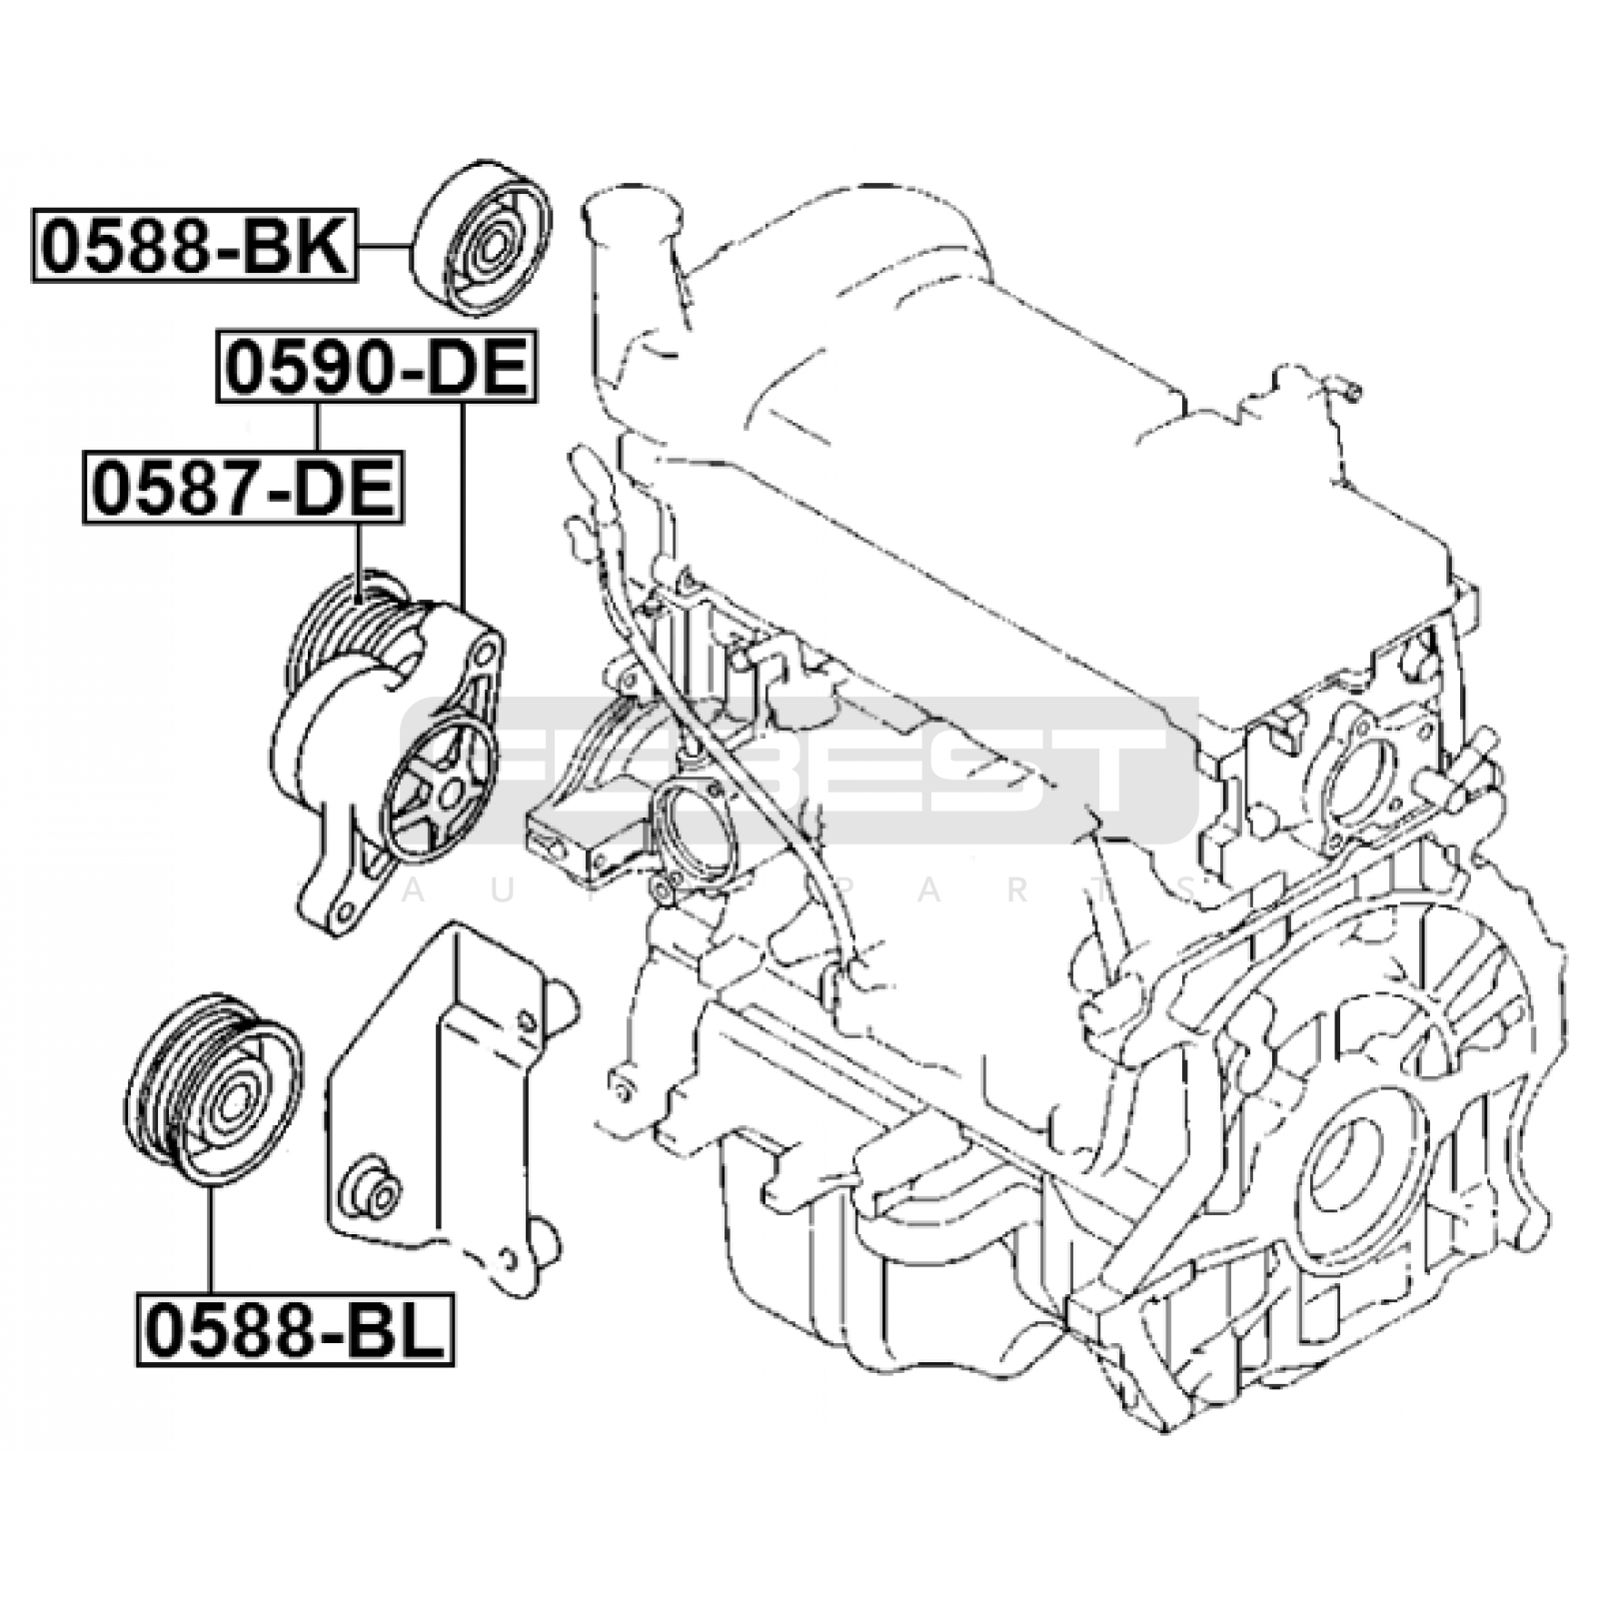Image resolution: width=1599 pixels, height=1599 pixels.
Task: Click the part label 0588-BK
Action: tap(195, 246)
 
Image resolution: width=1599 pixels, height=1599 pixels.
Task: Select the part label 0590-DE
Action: tap(377, 367)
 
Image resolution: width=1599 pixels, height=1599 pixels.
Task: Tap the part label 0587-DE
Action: tap(243, 489)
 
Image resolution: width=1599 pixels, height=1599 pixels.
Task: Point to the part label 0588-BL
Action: tap(296, 1329)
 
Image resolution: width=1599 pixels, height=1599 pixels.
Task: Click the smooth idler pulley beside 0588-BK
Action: tap(482, 238)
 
